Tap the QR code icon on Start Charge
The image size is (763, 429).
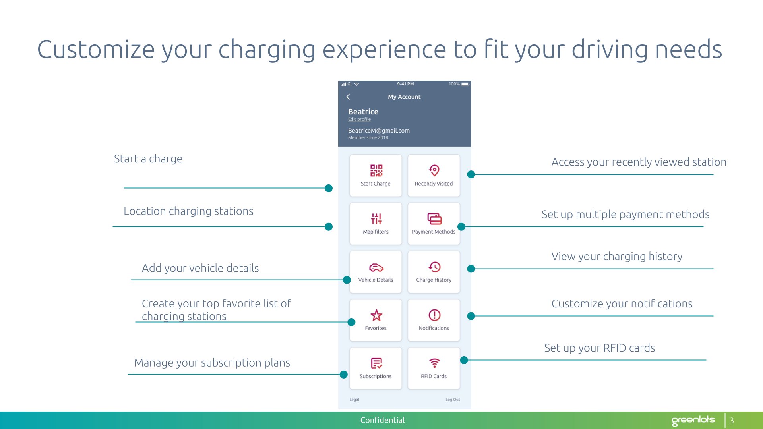tap(376, 170)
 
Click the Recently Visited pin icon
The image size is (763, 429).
tap(434, 170)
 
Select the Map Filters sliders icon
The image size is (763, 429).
tap(376, 218)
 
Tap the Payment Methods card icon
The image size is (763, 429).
tap(434, 218)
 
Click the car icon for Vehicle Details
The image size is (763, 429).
tap(376, 267)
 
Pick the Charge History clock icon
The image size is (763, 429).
tap(434, 267)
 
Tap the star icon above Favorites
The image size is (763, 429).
tap(376, 315)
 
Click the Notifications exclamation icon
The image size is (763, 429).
tap(434, 315)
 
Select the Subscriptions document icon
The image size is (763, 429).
tap(376, 363)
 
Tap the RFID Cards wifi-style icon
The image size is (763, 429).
tap(434, 363)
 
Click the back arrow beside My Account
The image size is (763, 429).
tap(348, 97)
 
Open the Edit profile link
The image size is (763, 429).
tap(359, 119)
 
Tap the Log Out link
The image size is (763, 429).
tap(453, 400)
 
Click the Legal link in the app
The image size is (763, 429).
tap(354, 400)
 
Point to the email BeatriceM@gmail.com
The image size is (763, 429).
tap(379, 131)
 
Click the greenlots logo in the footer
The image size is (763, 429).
tap(693, 420)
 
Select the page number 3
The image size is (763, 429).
tap(732, 420)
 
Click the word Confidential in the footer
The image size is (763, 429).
tap(382, 420)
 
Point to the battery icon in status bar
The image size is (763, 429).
tap(465, 84)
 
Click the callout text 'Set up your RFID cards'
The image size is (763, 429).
tap(599, 348)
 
